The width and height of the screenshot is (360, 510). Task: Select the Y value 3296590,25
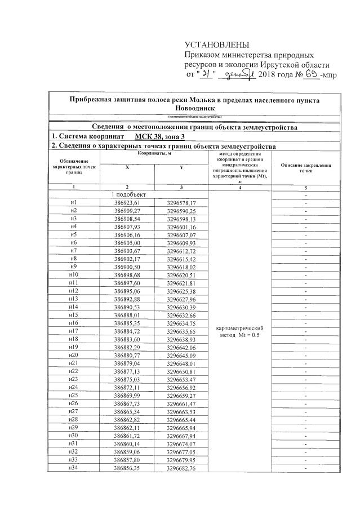(x=181, y=211)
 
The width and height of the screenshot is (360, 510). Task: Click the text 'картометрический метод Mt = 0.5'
(x=241, y=331)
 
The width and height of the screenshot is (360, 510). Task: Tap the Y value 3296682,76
(x=181, y=467)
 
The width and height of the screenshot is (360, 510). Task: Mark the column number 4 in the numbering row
(x=241, y=187)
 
